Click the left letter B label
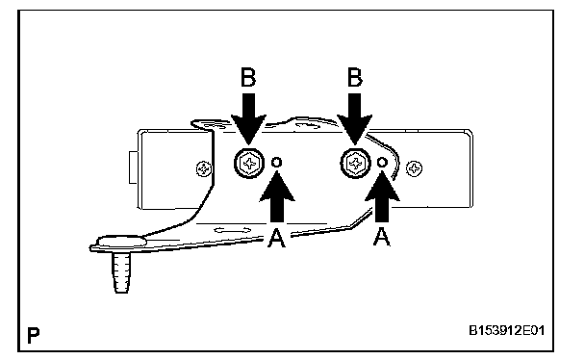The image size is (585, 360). coord(248,78)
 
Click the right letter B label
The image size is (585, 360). coord(355,78)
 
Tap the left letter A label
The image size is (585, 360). coord(276,239)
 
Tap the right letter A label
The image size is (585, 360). coord(381,237)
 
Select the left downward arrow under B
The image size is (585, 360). coord(248,118)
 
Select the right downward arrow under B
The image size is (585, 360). coord(354,118)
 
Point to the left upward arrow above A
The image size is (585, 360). coord(277,196)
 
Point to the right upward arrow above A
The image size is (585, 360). coord(382,196)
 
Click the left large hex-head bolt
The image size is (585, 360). coord(249,164)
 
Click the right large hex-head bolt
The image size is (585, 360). coord(355,164)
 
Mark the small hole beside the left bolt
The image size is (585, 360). coord(276,163)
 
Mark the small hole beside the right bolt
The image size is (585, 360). coord(382,163)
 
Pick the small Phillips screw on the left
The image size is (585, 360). coord(204,169)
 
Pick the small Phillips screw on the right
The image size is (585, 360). coord(414,168)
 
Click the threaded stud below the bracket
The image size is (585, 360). coord(121,272)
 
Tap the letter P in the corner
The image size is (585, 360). coord(34,335)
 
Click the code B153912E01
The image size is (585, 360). coord(507,330)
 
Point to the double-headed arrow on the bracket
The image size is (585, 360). coord(233,230)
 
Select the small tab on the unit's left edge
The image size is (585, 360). coord(133,167)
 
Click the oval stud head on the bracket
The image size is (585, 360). coord(121,241)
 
